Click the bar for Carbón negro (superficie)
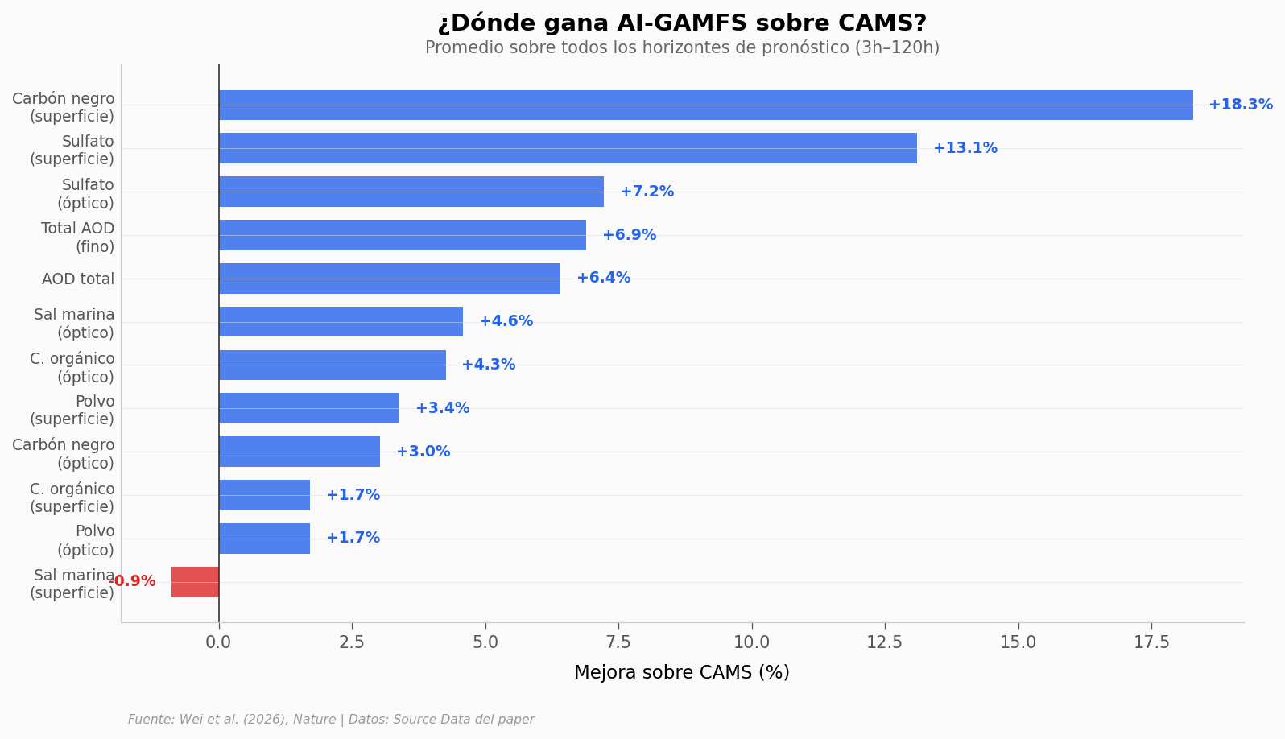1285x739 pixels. tap(705, 105)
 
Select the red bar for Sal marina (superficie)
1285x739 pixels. tap(195, 582)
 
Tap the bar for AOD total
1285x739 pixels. tap(389, 279)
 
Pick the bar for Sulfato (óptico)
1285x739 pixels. tap(411, 192)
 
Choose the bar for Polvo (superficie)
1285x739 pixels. tap(308, 408)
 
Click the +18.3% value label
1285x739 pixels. tap(1240, 105)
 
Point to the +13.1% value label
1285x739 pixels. tap(965, 148)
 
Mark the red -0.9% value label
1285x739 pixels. tap(132, 581)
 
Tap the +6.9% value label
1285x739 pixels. tap(629, 235)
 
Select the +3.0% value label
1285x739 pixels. tap(423, 452)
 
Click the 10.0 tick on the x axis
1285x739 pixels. tap(751, 642)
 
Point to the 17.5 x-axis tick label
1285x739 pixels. tap(1151, 642)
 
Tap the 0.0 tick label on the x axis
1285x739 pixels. tap(218, 642)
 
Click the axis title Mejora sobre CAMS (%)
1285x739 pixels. tap(681, 673)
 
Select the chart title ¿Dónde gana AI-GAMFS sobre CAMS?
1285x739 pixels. tap(681, 23)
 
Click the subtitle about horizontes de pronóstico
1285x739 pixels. tap(681, 48)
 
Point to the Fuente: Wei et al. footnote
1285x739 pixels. tap(331, 720)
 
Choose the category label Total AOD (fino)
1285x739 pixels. tap(78, 237)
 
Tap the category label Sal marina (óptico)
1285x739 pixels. tap(74, 324)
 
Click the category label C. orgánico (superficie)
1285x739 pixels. tap(72, 497)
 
